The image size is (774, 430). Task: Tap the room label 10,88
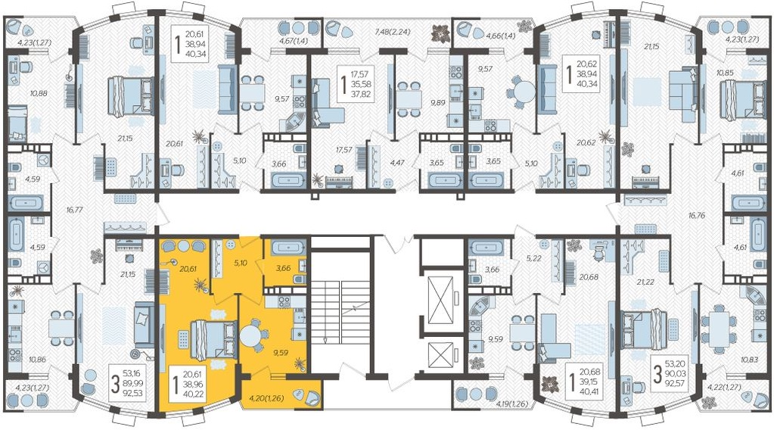(39, 93)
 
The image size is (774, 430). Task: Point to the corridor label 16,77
(75, 210)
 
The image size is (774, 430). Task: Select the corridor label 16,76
(696, 215)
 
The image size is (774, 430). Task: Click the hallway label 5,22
(535, 257)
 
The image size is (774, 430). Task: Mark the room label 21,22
(645, 282)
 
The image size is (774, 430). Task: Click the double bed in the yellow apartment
(213, 339)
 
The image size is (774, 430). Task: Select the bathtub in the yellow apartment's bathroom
(284, 248)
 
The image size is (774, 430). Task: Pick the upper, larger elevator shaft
(441, 300)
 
